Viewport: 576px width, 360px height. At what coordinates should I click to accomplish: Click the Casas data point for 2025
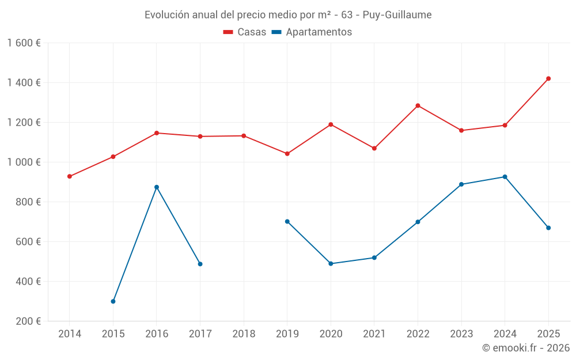(x=548, y=78)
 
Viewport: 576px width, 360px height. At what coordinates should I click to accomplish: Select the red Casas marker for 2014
(x=70, y=176)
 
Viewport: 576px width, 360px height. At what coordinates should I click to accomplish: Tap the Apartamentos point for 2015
(x=113, y=301)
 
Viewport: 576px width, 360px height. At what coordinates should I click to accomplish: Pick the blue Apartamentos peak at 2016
(x=157, y=187)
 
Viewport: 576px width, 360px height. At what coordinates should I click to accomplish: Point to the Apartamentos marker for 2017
(x=200, y=264)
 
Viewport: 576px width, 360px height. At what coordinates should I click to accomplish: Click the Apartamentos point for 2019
(x=287, y=221)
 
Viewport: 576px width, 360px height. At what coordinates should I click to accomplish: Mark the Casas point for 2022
(x=418, y=105)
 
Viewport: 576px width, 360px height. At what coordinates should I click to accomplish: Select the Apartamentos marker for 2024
(x=505, y=177)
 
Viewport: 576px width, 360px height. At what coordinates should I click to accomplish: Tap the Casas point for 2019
(x=287, y=154)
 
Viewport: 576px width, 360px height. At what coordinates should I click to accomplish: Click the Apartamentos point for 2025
(x=548, y=228)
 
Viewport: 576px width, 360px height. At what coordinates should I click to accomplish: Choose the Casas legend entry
(x=245, y=32)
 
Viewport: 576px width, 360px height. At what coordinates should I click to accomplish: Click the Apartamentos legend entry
(x=312, y=32)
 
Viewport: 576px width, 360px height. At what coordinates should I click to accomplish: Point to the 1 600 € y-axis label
(x=24, y=43)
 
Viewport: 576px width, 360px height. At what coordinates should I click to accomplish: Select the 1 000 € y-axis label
(x=24, y=162)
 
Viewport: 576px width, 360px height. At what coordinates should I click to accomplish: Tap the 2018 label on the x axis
(x=244, y=334)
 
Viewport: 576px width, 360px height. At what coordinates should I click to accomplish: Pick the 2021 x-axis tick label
(x=374, y=334)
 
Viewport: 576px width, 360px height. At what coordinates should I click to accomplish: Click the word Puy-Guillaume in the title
(x=397, y=15)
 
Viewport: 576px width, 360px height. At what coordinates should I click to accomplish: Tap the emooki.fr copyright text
(x=525, y=348)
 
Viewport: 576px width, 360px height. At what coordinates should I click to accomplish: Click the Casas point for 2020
(x=331, y=124)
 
